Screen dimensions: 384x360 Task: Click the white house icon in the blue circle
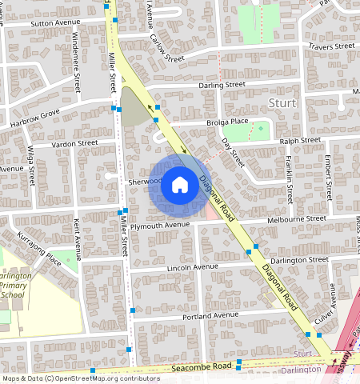180,186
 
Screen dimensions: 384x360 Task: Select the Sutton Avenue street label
56,23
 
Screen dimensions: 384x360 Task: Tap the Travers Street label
331,47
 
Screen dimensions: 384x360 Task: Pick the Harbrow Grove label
34,118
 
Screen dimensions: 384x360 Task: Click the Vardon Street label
74,143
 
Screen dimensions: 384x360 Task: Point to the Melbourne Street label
297,218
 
